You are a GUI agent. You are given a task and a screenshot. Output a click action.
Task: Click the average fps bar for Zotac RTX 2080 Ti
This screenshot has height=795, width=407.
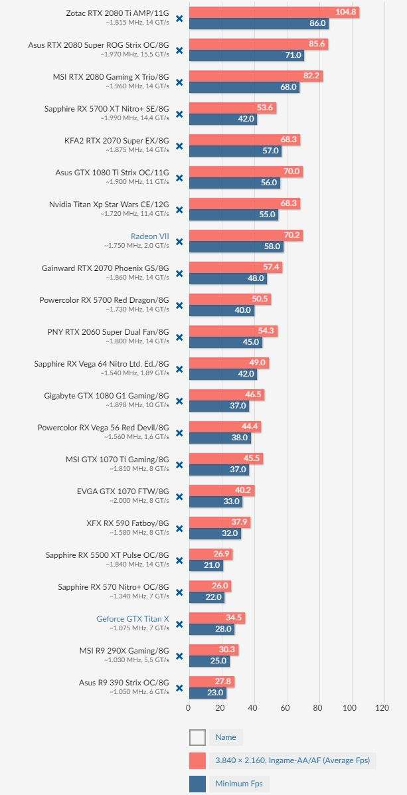click(274, 12)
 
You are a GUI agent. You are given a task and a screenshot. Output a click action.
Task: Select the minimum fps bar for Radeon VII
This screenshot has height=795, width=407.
click(236, 246)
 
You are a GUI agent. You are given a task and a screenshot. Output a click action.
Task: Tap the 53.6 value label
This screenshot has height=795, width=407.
click(266, 108)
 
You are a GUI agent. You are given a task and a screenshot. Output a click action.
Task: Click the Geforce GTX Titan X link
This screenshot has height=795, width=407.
click(133, 619)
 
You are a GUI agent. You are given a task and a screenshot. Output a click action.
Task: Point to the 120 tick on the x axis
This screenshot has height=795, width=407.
click(382, 708)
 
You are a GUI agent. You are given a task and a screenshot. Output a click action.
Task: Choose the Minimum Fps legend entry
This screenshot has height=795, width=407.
click(238, 784)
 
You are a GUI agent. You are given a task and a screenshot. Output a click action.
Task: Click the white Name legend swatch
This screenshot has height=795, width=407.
click(197, 737)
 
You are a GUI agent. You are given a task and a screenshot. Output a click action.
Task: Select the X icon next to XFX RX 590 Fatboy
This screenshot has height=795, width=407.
click(179, 529)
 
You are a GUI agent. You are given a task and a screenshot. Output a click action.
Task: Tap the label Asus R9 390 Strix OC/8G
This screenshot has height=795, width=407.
click(124, 683)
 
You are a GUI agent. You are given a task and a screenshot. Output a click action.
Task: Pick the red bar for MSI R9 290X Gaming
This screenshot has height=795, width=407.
click(213, 650)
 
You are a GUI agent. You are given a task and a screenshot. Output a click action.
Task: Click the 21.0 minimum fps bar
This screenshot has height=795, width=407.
click(206, 565)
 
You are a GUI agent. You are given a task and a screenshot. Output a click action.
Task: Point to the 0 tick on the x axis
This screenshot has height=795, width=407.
click(189, 708)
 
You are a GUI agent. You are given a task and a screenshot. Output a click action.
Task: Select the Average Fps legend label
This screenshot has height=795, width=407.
click(292, 760)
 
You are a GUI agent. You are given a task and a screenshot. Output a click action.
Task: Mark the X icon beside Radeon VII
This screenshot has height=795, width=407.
click(179, 242)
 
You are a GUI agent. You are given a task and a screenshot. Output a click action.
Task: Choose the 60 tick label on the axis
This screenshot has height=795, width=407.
click(285, 708)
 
